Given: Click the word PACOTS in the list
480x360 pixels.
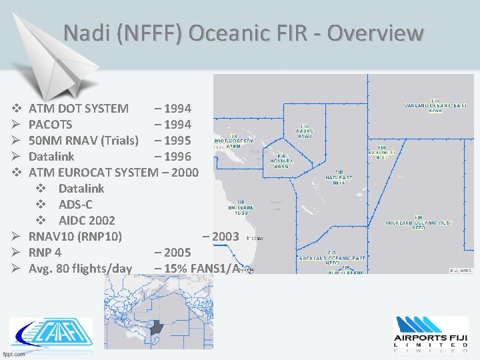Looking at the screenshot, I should pos(51,124).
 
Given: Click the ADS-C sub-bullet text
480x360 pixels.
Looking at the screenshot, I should pos(81,204).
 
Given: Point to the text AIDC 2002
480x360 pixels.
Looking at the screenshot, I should pos(87,220).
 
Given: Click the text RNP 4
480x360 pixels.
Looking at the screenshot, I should pos(45,253).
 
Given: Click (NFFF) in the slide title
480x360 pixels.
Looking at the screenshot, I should pos(152,33).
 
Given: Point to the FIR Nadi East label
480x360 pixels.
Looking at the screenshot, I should pos(339,177).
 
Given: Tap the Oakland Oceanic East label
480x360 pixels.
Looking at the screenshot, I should pos(435,105).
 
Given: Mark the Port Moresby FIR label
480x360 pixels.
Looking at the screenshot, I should pos(233,143).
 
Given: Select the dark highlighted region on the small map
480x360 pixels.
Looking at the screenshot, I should pos(158,327).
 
